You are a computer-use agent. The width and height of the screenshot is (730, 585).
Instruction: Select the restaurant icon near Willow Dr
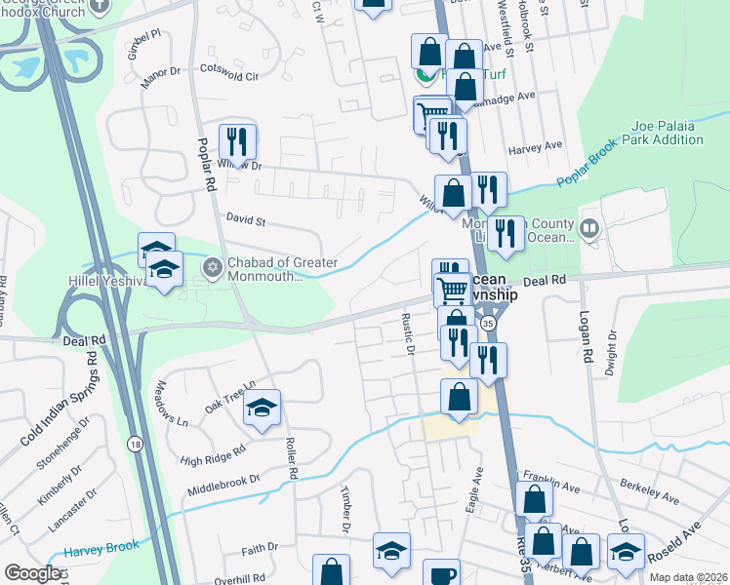[237, 142]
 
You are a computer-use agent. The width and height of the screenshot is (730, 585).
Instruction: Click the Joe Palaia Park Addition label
[668, 133]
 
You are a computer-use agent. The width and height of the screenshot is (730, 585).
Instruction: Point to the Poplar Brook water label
[588, 167]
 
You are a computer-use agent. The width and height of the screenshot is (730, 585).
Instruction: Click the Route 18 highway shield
[134, 444]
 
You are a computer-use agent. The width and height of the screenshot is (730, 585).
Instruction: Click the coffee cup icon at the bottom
[442, 574]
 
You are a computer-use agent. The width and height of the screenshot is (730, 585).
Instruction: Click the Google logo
[33, 573]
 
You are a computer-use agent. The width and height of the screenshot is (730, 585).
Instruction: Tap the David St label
[246, 221]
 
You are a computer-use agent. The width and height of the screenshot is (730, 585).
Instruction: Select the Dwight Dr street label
[611, 350]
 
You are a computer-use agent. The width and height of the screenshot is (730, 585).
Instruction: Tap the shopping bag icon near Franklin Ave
[534, 499]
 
